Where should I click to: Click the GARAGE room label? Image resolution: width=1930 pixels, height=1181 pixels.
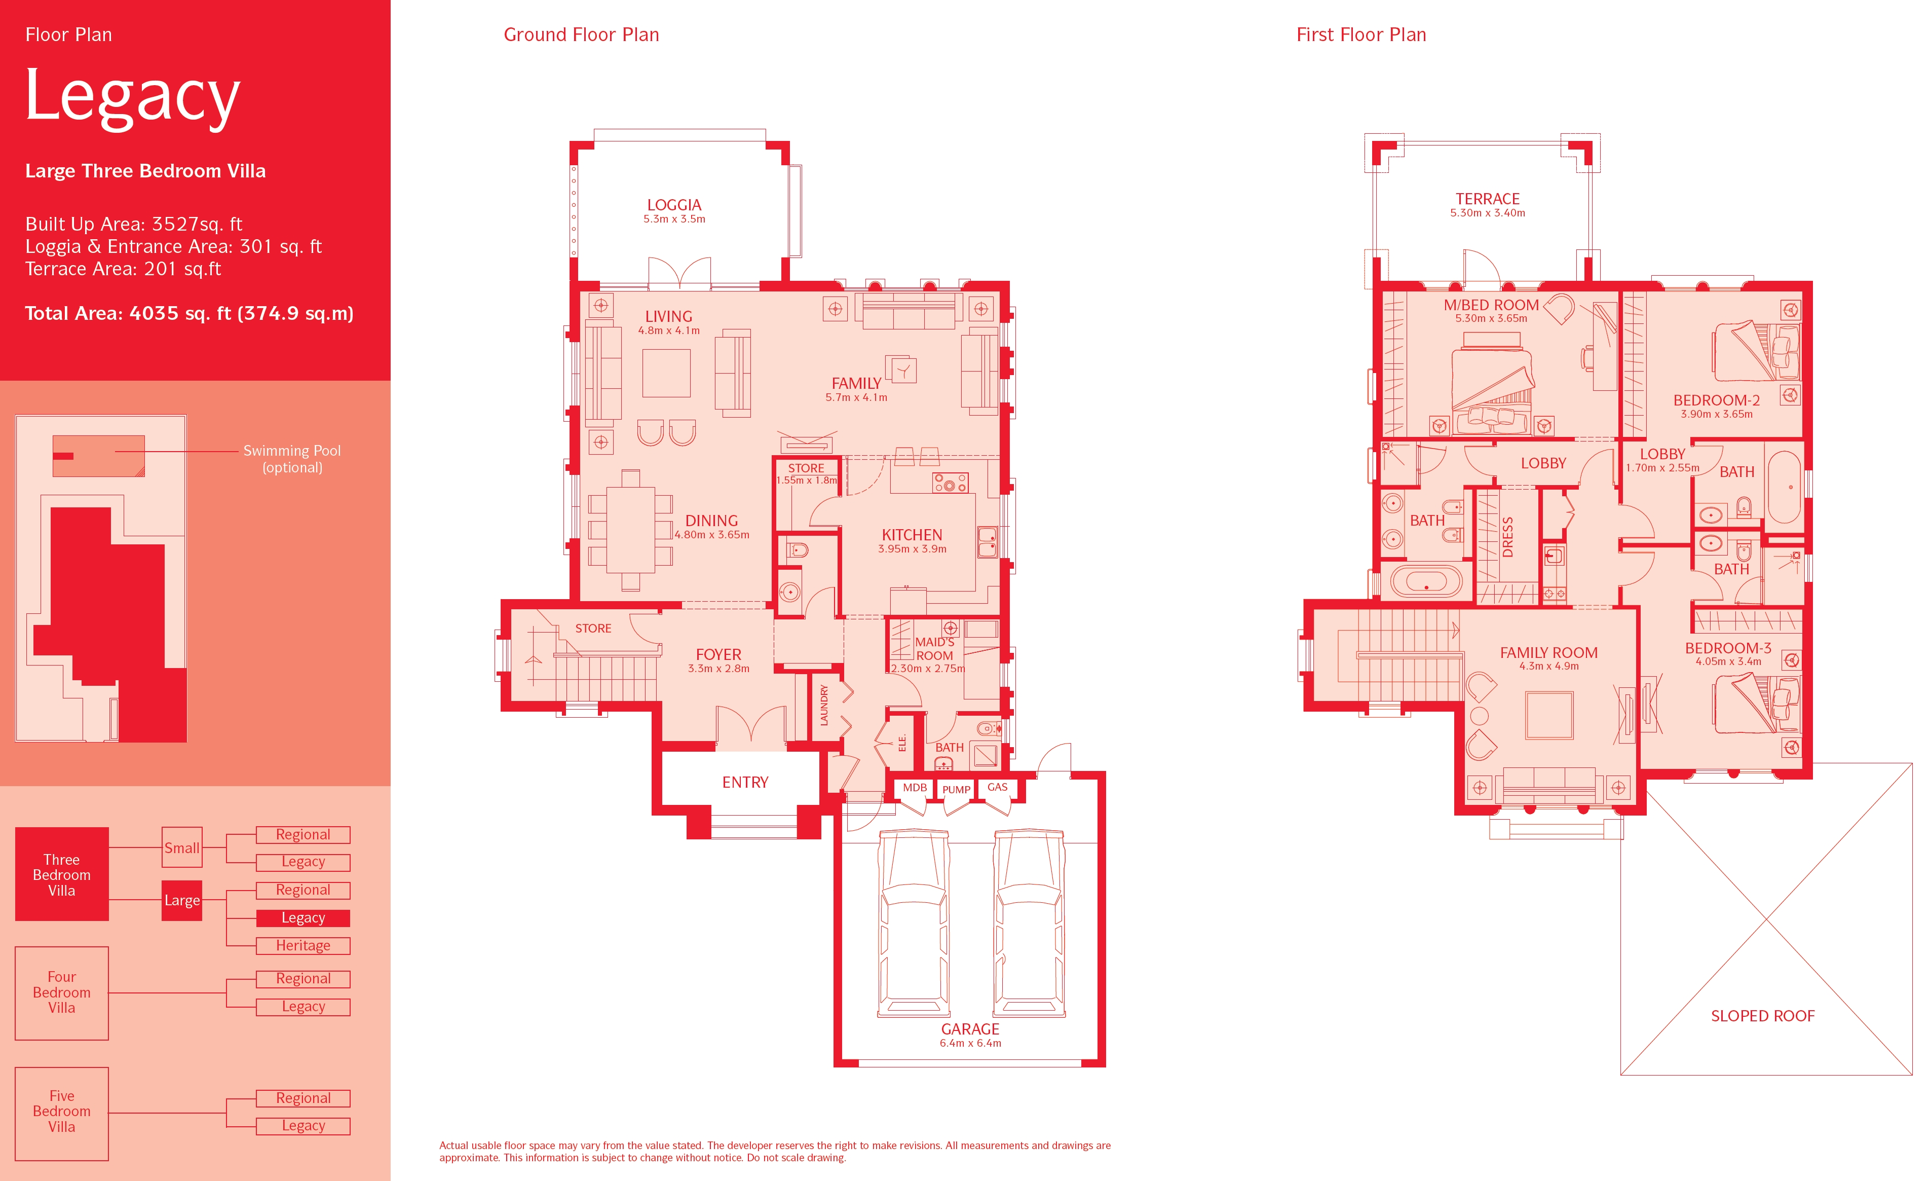point(970,1029)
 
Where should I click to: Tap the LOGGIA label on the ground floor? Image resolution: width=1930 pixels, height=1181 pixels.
point(673,205)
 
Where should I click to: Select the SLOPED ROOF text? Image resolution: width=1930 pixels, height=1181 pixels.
point(1762,1016)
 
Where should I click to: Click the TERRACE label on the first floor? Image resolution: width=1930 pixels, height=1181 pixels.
point(1488,199)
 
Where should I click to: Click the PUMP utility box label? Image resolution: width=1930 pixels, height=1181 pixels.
point(956,789)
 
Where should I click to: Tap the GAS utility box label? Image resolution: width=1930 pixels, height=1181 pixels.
point(997,787)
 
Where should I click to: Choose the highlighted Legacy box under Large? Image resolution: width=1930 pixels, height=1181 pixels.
point(303,918)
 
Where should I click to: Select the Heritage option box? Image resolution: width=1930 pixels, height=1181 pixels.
point(303,946)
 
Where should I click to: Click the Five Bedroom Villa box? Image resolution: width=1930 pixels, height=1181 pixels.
point(62,1113)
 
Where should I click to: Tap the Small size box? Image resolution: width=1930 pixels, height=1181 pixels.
point(182,847)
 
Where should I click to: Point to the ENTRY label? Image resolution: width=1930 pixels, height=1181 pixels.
point(745,782)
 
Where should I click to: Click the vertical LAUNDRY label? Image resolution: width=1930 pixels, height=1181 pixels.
point(824,706)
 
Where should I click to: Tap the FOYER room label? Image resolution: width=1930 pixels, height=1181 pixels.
point(718,654)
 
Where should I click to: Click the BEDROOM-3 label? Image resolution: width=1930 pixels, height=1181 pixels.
point(1728,648)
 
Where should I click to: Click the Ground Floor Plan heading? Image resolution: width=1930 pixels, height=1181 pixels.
point(581,34)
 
